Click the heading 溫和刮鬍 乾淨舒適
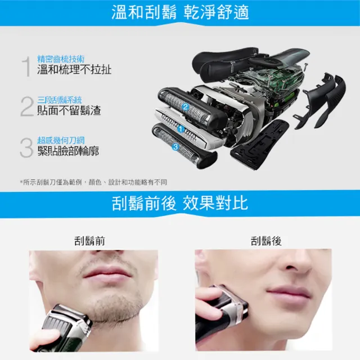179,12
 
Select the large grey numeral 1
26,66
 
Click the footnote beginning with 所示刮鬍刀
93,182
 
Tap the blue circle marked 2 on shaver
185,107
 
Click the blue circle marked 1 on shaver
181,129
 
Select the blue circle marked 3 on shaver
176,147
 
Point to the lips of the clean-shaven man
288,291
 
